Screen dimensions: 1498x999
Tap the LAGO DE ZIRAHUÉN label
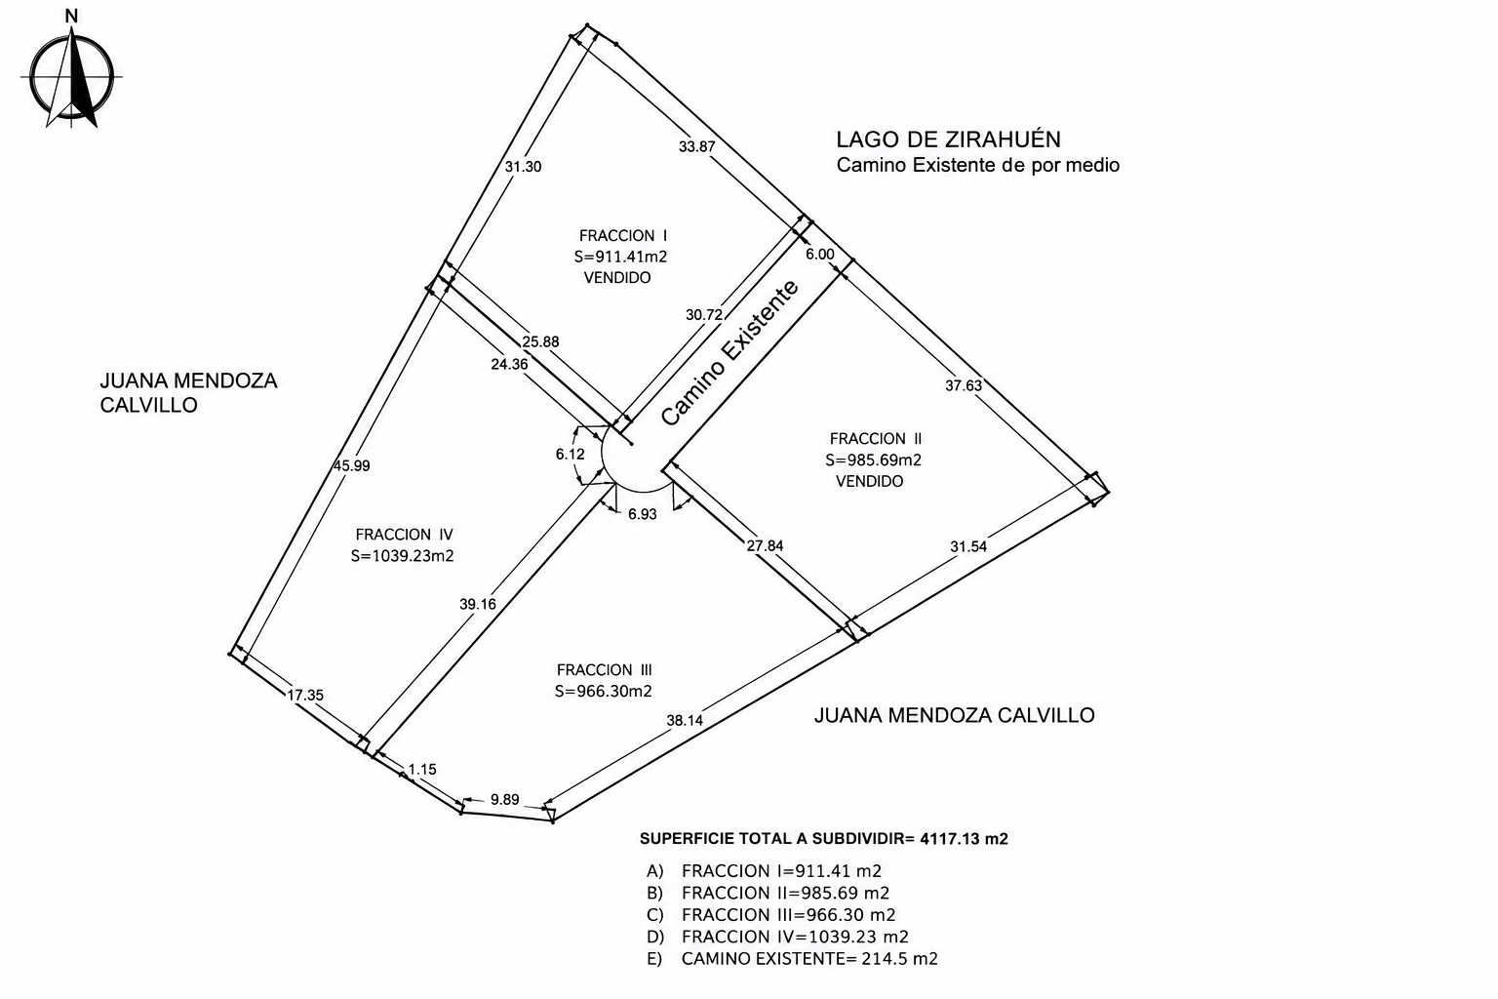(948, 140)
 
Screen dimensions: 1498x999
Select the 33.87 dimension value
(697, 146)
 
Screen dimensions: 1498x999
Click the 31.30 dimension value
(523, 167)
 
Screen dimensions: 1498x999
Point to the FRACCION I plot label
(623, 235)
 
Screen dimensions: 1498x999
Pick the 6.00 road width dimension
(820, 255)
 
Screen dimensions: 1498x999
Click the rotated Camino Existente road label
(729, 352)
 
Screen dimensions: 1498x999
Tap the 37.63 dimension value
(964, 385)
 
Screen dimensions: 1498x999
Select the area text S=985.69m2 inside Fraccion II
(874, 460)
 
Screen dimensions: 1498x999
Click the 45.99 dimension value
(351, 465)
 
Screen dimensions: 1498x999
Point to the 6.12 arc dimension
(570, 455)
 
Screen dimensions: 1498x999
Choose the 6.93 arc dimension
(642, 514)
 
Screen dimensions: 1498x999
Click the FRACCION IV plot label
(405, 535)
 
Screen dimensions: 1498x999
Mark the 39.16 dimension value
(478, 604)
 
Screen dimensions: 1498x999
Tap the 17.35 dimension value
(305, 695)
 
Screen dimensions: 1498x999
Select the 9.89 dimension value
(504, 800)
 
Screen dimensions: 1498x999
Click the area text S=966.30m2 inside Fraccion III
(604, 692)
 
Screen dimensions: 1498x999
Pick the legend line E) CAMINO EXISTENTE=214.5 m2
(793, 959)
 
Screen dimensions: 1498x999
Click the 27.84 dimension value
(765, 545)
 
